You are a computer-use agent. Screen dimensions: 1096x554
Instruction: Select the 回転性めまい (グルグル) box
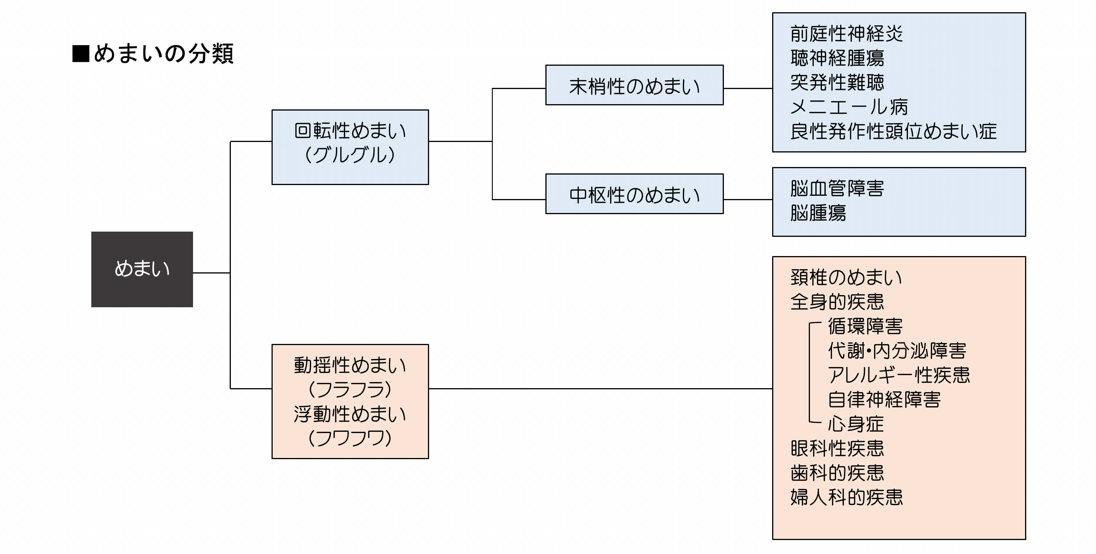click(350, 147)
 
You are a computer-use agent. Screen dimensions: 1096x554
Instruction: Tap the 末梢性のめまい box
click(634, 85)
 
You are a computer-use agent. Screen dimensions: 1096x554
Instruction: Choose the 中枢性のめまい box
click(634, 194)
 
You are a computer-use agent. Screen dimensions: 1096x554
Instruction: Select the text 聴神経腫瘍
click(837, 58)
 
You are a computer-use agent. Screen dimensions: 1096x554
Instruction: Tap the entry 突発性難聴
click(837, 82)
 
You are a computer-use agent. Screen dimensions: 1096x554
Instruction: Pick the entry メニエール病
click(849, 106)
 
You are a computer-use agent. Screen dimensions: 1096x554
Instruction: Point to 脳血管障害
click(837, 189)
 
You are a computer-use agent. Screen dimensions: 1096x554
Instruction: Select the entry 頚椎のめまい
click(846, 277)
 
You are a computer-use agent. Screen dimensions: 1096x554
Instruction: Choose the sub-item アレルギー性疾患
click(899, 375)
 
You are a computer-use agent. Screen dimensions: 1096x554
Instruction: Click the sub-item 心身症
click(856, 424)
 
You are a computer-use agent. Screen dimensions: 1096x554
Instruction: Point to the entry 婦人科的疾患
click(846, 497)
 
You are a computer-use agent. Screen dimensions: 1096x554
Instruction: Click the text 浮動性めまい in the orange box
click(350, 414)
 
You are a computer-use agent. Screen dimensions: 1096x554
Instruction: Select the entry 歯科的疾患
click(837, 473)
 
